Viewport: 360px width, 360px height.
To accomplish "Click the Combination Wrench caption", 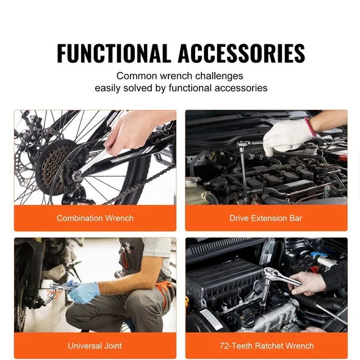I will [x=95, y=218].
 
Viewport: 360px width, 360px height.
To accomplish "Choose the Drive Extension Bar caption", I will [x=266, y=218].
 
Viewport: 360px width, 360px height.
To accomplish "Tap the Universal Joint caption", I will [x=95, y=346].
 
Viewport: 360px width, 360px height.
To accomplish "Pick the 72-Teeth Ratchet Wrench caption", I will [x=267, y=346].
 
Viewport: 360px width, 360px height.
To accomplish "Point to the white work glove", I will [x=286, y=135].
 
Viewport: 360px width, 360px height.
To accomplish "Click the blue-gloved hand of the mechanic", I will [x=82, y=292].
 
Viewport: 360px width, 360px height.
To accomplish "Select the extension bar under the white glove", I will [x=244, y=174].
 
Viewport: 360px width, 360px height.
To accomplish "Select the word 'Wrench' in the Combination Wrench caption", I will [x=119, y=218].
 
